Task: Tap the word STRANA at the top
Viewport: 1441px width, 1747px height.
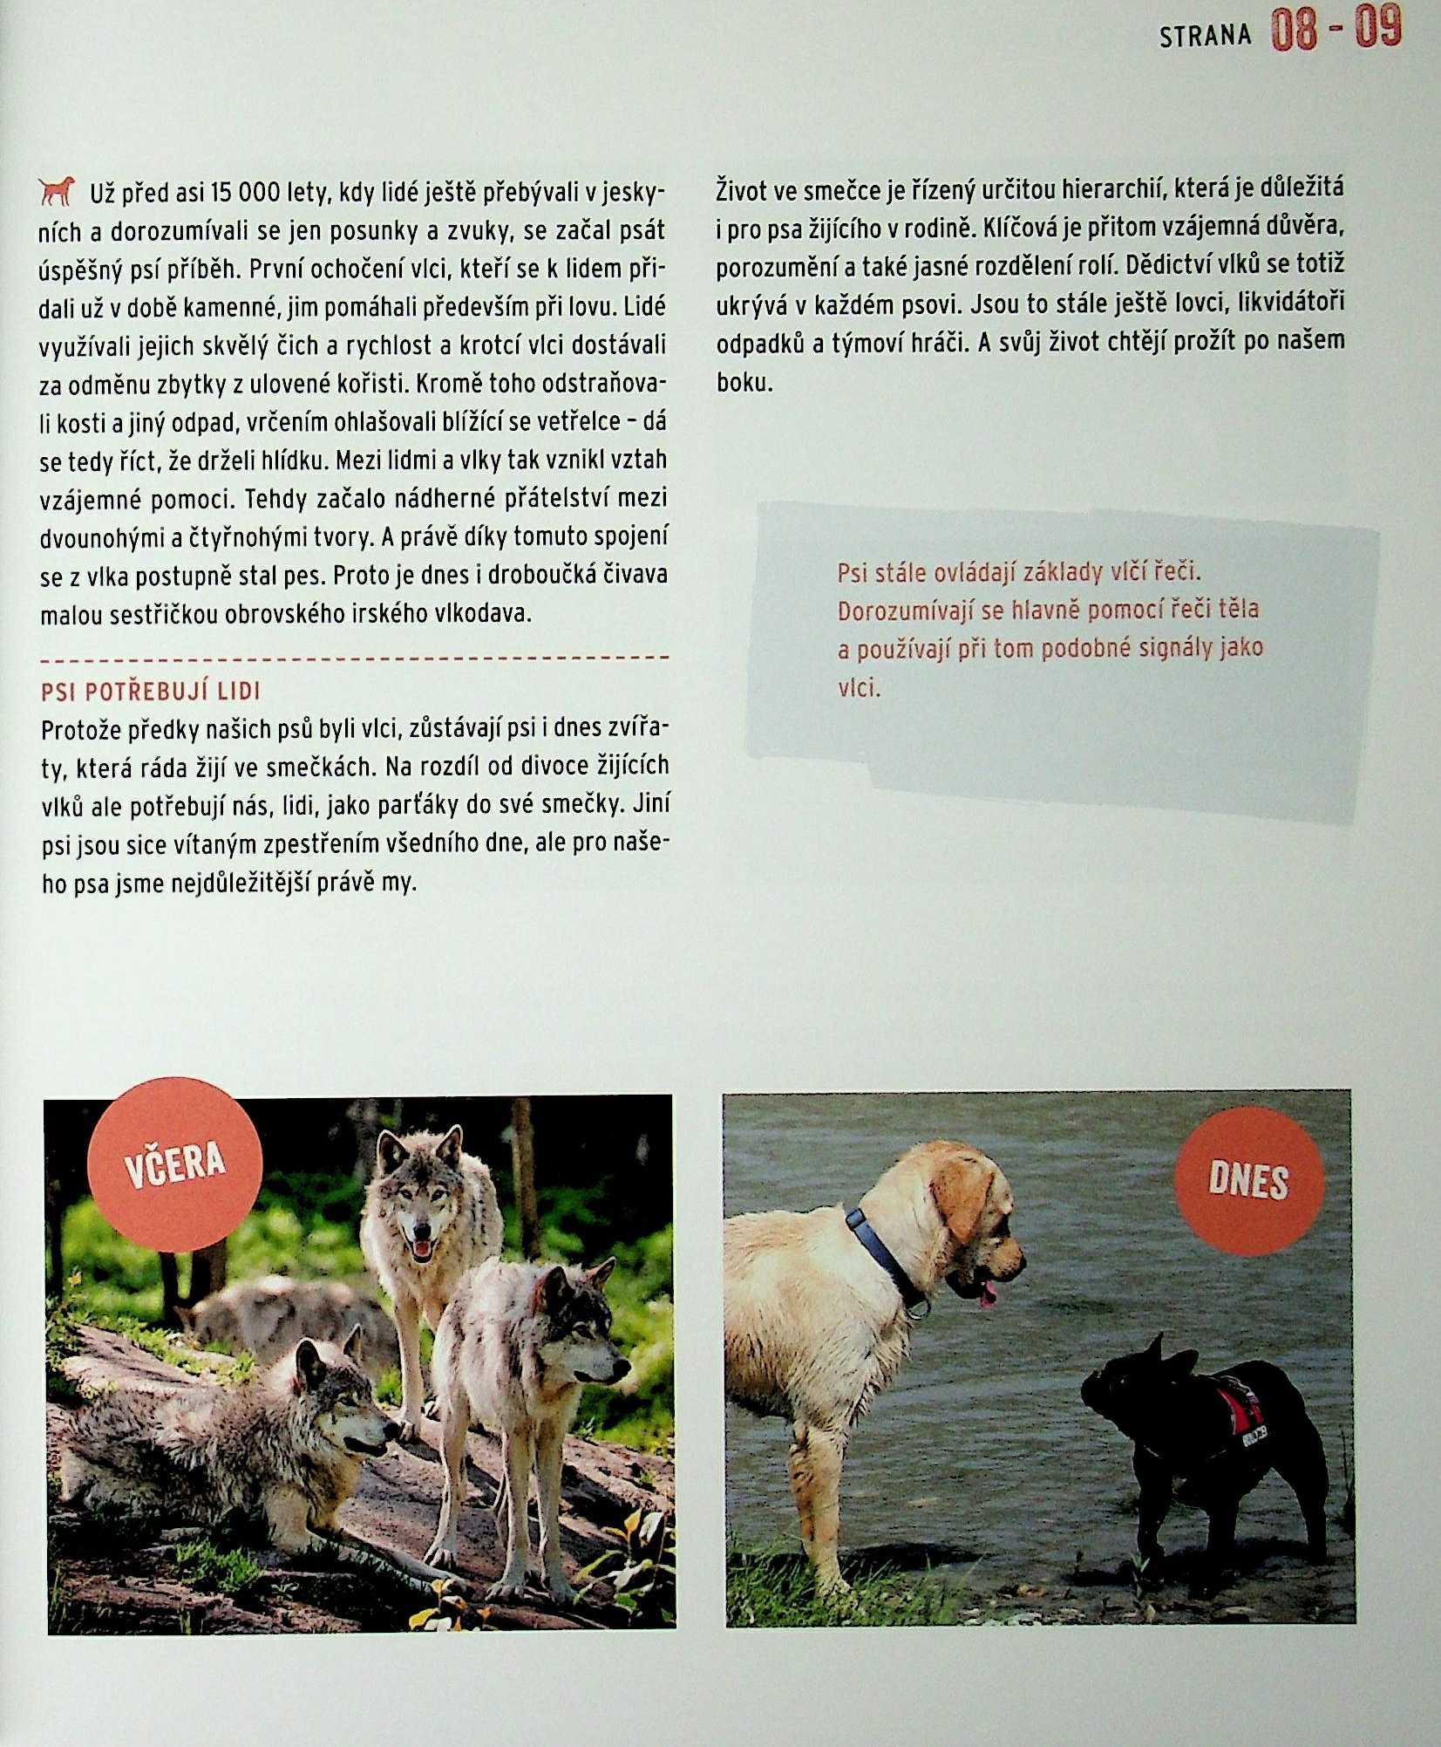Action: tap(1205, 36)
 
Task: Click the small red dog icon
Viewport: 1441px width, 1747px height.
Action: tap(58, 191)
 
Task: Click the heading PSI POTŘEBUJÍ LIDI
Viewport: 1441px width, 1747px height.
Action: tap(151, 692)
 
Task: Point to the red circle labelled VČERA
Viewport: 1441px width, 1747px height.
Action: tap(174, 1164)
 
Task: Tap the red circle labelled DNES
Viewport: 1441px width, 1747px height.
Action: tap(1248, 1181)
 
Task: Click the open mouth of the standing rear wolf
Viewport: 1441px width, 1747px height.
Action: tap(421, 1249)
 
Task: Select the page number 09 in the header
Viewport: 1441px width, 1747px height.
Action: tap(1377, 29)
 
